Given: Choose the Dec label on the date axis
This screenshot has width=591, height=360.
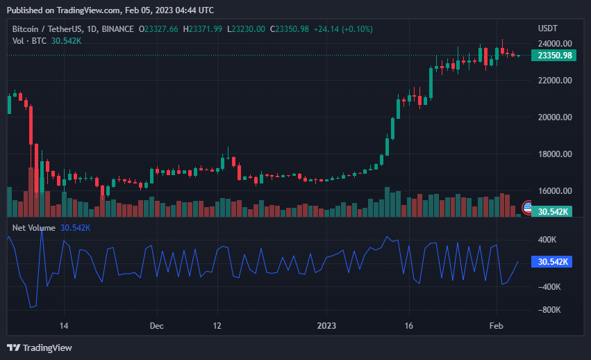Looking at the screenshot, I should (156, 325).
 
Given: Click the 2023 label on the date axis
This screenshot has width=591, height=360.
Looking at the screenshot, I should (326, 325).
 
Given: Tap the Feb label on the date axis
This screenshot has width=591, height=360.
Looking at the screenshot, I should (497, 325).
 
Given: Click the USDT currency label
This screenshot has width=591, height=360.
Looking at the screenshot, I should (549, 28).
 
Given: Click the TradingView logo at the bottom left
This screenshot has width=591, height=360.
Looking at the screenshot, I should (40, 347).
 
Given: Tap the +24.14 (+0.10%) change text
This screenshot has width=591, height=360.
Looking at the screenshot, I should (343, 28).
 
